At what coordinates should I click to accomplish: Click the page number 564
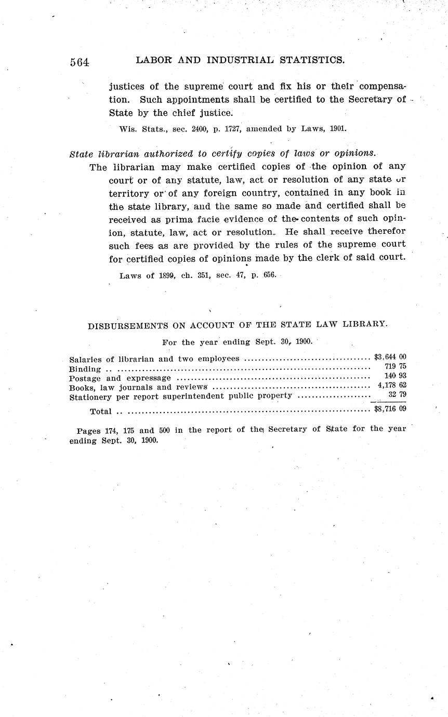click(80, 62)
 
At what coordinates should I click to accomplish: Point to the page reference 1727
click(233, 129)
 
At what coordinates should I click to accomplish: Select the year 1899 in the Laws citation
click(165, 275)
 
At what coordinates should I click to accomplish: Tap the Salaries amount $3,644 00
click(389, 357)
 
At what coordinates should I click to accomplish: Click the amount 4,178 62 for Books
click(392, 386)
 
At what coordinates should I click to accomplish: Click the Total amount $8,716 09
click(389, 410)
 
